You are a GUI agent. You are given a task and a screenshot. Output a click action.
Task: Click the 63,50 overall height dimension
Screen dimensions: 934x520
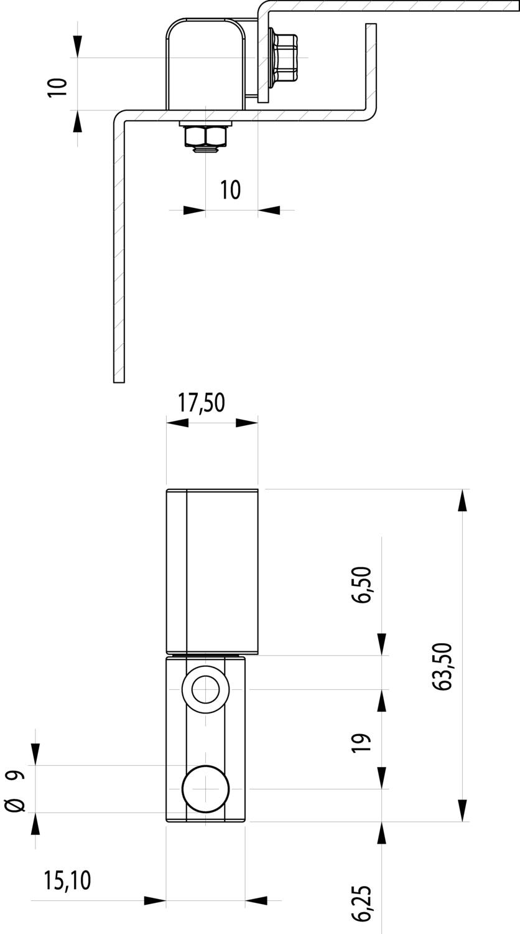(443, 666)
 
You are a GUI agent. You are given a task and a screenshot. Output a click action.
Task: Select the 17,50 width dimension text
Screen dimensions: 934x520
(201, 403)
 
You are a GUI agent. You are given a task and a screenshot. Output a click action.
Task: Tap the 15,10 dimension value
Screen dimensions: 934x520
(67, 880)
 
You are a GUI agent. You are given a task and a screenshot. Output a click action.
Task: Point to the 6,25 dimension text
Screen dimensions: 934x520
(363, 903)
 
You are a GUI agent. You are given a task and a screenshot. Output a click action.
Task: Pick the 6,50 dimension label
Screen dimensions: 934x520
(363, 584)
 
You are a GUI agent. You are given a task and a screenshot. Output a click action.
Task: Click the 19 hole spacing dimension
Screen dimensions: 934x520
(363, 742)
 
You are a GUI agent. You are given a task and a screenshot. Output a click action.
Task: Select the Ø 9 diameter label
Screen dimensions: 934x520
(16, 790)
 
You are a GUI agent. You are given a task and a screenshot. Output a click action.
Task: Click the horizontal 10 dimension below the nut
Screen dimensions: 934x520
(230, 189)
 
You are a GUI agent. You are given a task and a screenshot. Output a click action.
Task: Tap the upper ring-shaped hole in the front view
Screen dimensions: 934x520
(205, 689)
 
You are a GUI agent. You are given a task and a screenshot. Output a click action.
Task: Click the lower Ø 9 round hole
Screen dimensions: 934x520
(205, 789)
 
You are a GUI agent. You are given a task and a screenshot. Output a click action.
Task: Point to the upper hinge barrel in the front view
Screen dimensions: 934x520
(212, 571)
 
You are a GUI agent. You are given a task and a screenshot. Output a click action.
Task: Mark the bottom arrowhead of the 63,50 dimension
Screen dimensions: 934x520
(462, 810)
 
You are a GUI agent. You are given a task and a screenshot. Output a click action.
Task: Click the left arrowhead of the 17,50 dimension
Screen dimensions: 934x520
(178, 423)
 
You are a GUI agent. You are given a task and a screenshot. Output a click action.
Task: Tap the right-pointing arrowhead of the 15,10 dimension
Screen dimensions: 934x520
(155, 900)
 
